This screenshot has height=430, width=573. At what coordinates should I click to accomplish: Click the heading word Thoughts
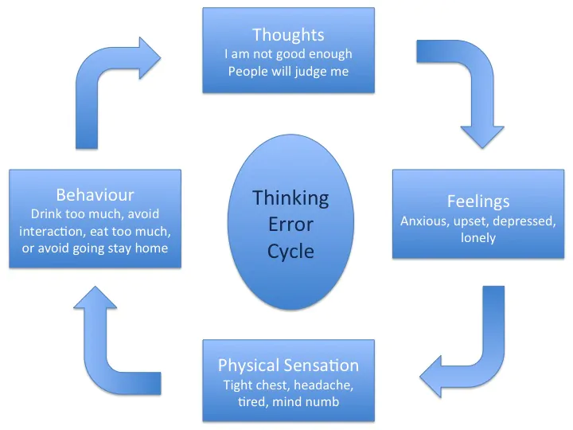coord(288,34)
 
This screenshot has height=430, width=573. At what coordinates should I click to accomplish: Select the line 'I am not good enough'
coord(288,54)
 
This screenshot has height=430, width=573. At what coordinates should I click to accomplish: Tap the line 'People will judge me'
coord(288,72)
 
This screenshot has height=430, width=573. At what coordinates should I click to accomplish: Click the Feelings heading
coord(477,201)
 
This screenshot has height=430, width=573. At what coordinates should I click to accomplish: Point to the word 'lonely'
coord(477,237)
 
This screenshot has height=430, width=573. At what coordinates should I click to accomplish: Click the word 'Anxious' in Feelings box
coord(423,221)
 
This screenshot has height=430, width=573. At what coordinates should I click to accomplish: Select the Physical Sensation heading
coord(288,365)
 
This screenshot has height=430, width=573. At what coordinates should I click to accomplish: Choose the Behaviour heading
coord(95,194)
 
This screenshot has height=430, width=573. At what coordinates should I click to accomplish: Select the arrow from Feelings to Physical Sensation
coord(474,350)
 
